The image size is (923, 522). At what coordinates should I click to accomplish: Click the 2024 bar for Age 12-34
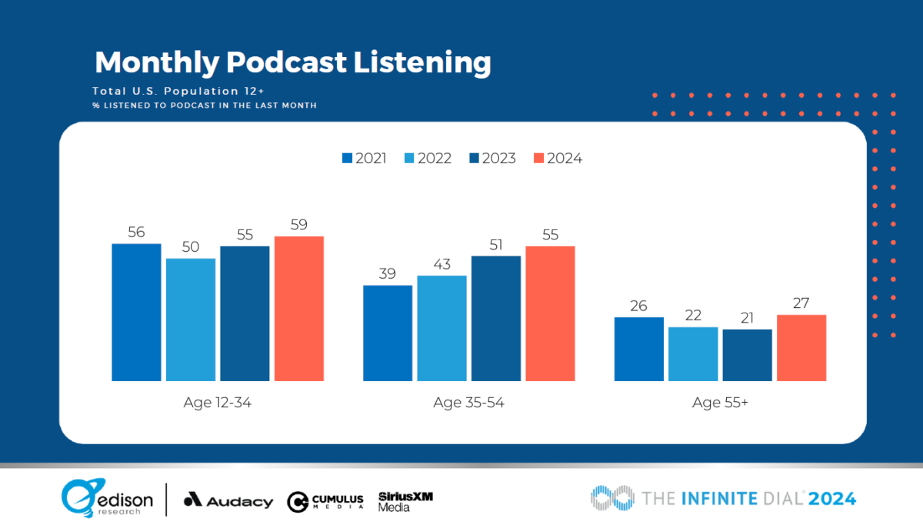pyautogui.click(x=299, y=308)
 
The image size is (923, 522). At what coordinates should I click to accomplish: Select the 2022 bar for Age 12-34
pyautogui.click(x=191, y=320)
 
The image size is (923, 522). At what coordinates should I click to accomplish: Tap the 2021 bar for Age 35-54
pyautogui.click(x=388, y=333)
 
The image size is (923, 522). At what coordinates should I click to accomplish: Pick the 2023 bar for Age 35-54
pyautogui.click(x=496, y=318)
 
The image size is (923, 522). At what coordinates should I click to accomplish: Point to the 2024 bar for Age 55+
pyautogui.click(x=801, y=347)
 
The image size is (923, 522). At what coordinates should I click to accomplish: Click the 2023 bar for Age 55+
pyautogui.click(x=748, y=355)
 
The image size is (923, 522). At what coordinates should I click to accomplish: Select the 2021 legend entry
pyautogui.click(x=365, y=159)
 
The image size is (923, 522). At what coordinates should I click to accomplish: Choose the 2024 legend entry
pyautogui.click(x=558, y=159)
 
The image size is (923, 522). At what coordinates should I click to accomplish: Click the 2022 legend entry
pyautogui.click(x=429, y=159)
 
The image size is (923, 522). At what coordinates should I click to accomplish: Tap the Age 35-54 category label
pyautogui.click(x=468, y=403)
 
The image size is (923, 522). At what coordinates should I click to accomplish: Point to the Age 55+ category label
pyautogui.click(x=720, y=403)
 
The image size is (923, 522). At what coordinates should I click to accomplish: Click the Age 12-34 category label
pyautogui.click(x=218, y=403)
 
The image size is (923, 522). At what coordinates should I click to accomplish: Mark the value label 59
pyautogui.click(x=299, y=225)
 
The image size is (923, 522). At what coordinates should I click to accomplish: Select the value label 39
pyautogui.click(x=388, y=274)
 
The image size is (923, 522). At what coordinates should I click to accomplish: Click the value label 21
pyautogui.click(x=748, y=318)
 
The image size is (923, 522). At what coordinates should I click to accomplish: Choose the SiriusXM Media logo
pyautogui.click(x=405, y=501)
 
